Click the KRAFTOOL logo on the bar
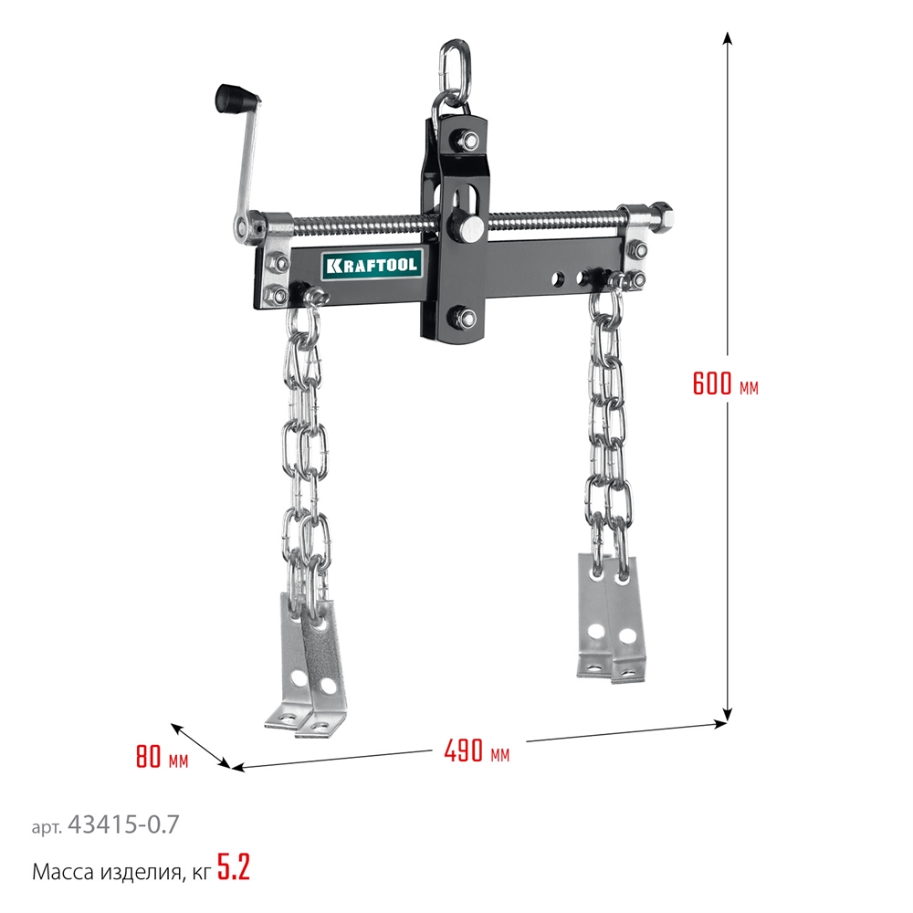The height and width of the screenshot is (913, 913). coord(372,266)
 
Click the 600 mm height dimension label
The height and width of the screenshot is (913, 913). coord(726,383)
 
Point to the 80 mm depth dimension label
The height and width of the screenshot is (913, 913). coord(163,756)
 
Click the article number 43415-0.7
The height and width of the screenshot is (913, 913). coord(123,824)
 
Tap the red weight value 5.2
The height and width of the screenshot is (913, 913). coord(234,867)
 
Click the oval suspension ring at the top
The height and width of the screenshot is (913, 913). coord(454,64)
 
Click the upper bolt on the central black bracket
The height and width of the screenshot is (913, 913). coord(467,140)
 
